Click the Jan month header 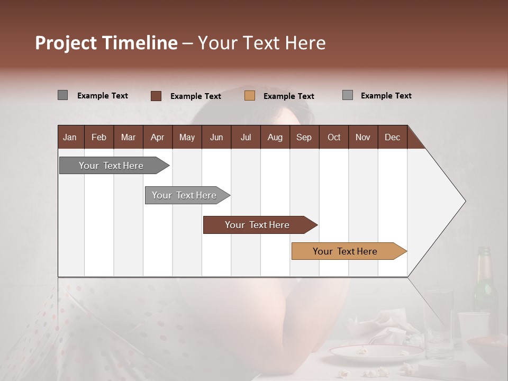[70, 138]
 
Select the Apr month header [157, 138]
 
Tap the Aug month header [275, 138]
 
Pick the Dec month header [392, 138]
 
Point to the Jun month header [216, 138]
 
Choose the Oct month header [333, 138]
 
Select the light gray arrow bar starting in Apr [185, 195]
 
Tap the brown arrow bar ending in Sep [258, 225]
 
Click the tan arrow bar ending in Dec [347, 251]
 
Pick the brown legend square [156, 96]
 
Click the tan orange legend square [250, 96]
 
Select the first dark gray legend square [62, 95]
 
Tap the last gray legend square [348, 95]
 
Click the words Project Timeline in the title [106, 43]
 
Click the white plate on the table [376, 352]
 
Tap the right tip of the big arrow [464, 201]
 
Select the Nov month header [363, 138]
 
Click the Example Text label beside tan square [288, 96]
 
